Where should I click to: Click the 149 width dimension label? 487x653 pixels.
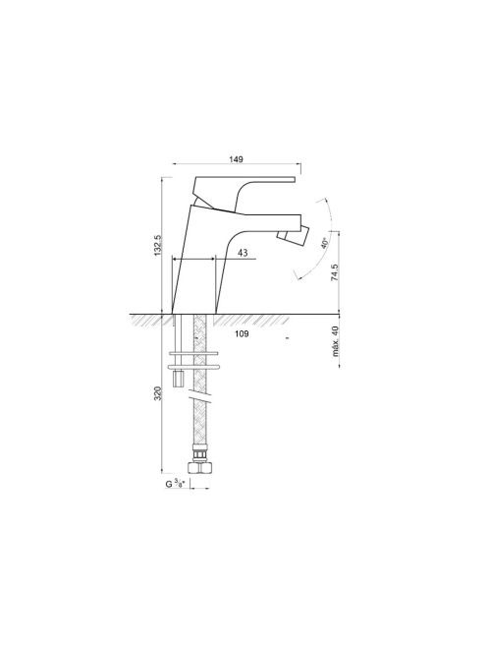coord(236,159)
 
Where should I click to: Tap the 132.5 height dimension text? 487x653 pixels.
coord(158,245)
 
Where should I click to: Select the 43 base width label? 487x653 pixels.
coord(243,253)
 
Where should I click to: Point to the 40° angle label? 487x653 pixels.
coord(325,243)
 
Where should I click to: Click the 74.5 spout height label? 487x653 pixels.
coord(335,272)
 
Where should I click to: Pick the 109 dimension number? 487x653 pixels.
coord(242,333)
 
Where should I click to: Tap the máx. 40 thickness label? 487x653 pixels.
coord(335,341)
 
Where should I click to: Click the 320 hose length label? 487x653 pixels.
coord(158,393)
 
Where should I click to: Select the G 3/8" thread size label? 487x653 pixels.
coord(175,484)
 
